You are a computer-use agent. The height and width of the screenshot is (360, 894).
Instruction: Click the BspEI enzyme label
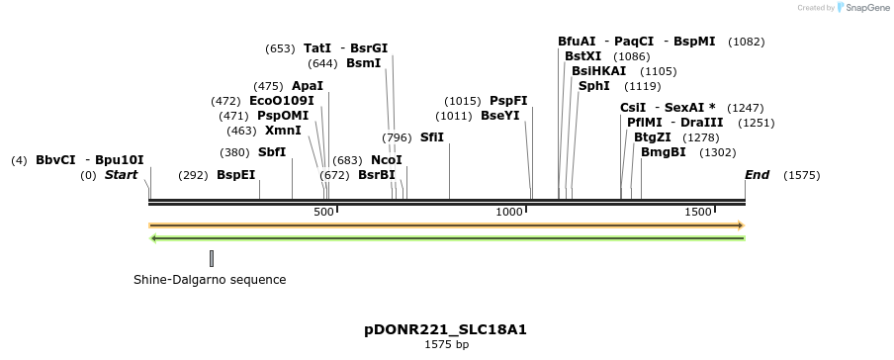(235, 175)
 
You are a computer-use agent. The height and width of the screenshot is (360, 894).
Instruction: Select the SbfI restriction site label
(272, 152)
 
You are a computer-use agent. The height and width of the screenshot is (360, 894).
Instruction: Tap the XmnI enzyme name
(283, 131)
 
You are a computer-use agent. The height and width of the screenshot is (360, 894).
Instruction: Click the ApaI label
(308, 86)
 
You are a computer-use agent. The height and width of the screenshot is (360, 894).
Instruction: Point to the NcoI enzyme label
(386, 160)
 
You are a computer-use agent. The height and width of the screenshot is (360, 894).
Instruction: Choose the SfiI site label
(432, 137)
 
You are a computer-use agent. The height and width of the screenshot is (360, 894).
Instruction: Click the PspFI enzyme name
(508, 101)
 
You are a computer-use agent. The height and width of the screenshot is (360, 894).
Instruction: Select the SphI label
(594, 86)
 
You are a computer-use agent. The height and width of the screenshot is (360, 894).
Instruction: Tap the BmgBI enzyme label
(663, 152)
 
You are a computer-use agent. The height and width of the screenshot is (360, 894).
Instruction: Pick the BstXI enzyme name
(582, 56)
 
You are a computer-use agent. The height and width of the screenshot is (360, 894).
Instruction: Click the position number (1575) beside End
(801, 175)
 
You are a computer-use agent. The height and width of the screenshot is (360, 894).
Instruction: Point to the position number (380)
(234, 152)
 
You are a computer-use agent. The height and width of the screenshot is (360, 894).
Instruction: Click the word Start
(122, 175)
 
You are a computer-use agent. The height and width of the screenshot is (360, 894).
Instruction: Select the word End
(757, 175)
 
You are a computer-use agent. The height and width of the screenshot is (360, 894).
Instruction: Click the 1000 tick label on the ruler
(509, 212)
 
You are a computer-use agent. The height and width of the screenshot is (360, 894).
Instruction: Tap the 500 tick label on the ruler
(323, 212)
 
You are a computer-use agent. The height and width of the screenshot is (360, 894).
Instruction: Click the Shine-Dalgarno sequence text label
(210, 280)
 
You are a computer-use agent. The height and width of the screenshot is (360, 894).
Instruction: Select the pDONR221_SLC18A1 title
(446, 328)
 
